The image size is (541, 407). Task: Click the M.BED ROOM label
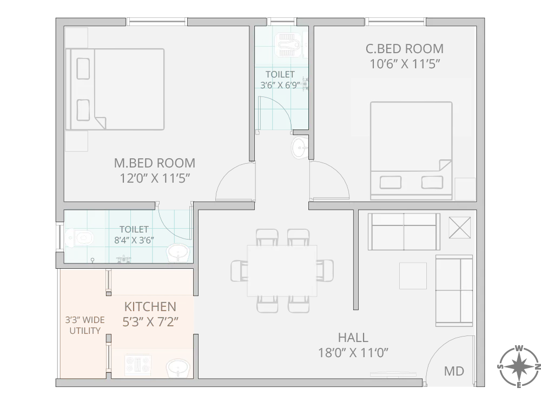click(154, 163)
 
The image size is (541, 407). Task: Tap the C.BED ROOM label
click(404, 49)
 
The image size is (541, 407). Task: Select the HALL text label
click(353, 338)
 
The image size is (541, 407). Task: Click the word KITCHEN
click(150, 307)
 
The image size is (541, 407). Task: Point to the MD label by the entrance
click(453, 371)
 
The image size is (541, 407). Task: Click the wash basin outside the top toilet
click(299, 148)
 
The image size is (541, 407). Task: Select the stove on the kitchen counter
click(138, 366)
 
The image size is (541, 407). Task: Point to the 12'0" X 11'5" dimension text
click(154, 178)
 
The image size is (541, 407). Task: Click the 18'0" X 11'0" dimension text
click(353, 353)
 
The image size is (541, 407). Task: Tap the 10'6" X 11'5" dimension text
click(404, 64)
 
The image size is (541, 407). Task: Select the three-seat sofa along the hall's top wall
click(403, 231)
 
